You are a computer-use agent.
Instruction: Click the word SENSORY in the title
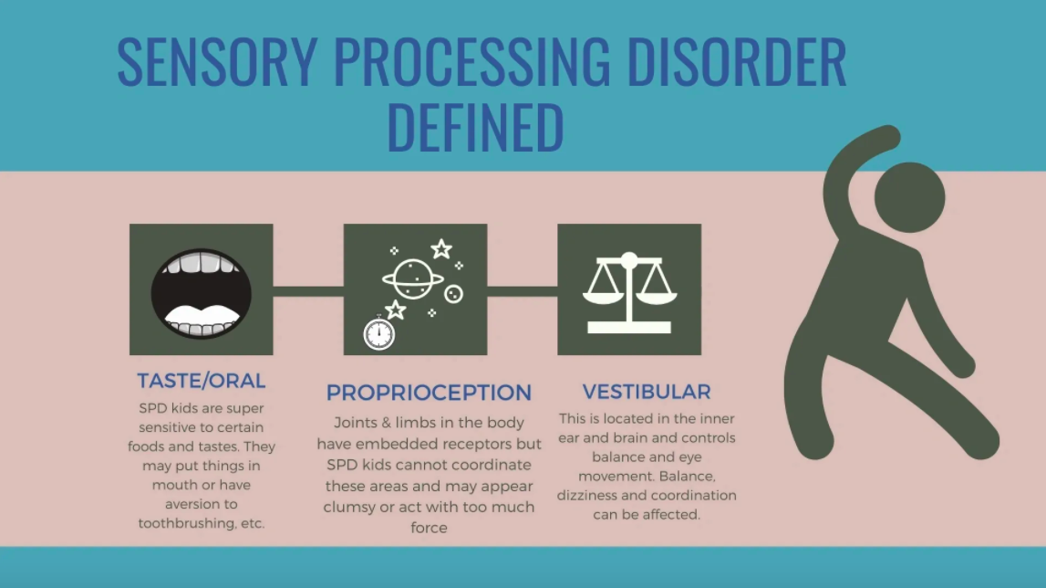tap(217, 62)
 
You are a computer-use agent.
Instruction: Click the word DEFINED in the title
tap(476, 127)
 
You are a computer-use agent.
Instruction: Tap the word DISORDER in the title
tap(737, 62)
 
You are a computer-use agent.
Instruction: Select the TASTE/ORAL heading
tap(202, 381)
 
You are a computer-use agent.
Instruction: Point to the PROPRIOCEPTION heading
tap(429, 393)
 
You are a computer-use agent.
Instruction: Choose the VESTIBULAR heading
tap(647, 392)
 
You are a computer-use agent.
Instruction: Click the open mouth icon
tap(202, 293)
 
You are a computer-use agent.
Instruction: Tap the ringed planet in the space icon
tap(412, 278)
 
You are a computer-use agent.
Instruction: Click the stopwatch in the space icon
tap(378, 332)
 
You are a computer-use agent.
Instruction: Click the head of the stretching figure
tap(909, 197)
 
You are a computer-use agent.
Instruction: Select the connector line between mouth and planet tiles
tap(308, 291)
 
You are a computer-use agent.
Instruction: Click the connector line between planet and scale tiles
tap(523, 291)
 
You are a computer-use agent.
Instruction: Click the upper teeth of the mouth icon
tap(201, 263)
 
